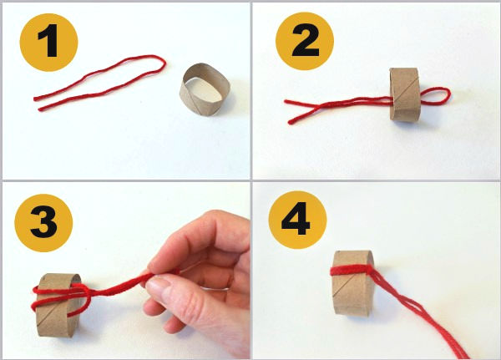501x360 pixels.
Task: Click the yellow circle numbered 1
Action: [x=48, y=42]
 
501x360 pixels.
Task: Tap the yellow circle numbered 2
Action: [x=305, y=41]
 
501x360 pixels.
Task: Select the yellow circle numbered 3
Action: [x=43, y=223]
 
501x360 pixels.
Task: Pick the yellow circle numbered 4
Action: [x=297, y=220]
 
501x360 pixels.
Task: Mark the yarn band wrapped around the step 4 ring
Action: [x=352, y=270]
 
